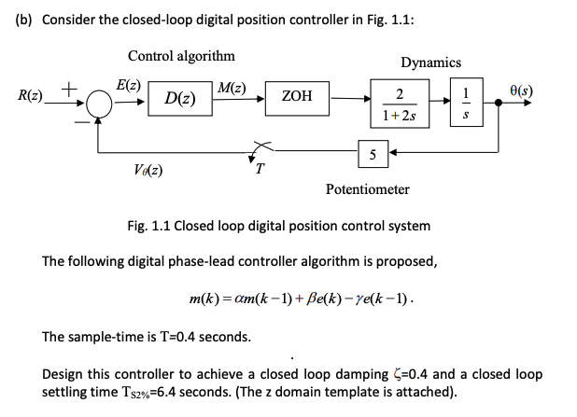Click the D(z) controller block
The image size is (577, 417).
[180, 97]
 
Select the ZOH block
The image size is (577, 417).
[296, 96]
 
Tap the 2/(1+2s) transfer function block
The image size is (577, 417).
[399, 104]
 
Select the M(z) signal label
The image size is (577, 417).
[231, 88]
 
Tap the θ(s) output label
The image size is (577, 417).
[541, 90]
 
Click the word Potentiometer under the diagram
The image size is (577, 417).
[367, 189]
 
